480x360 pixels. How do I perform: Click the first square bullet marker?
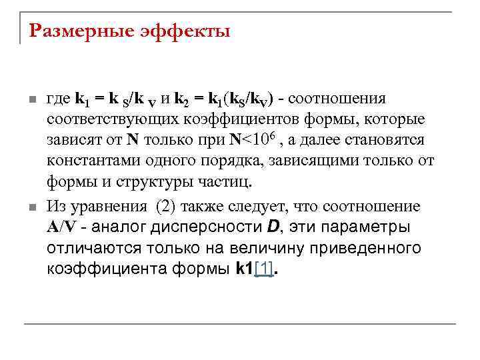pos(31,100)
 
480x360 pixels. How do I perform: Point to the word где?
pos(59,99)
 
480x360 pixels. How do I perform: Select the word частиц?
pos(232,183)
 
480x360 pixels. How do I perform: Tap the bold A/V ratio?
pos(63,227)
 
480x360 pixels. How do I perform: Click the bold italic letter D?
pos(272,227)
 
